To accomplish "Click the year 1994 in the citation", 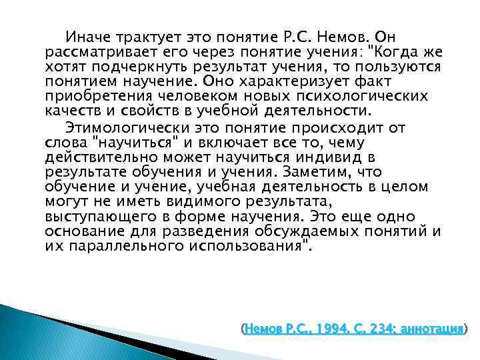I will coord(331,329).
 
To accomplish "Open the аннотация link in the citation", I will coord(433,329).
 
